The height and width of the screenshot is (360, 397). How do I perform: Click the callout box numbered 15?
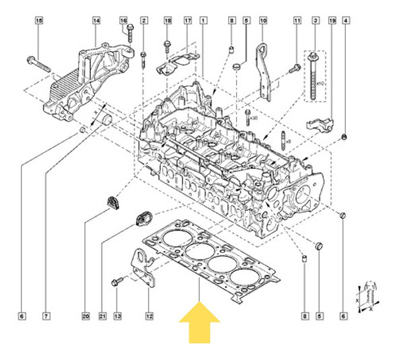(38, 22)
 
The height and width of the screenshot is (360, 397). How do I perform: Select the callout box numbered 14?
(96, 22)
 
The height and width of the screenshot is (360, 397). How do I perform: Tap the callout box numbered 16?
(123, 22)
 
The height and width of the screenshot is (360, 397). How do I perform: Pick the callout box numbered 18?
(168, 22)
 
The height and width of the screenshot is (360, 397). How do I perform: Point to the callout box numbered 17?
(188, 22)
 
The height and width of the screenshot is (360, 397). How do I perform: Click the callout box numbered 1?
(203, 22)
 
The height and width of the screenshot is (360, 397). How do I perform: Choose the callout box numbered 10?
(262, 22)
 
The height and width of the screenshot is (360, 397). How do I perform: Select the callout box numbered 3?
(314, 22)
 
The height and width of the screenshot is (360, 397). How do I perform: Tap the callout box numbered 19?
(332, 22)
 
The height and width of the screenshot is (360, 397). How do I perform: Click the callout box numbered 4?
(345, 22)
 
